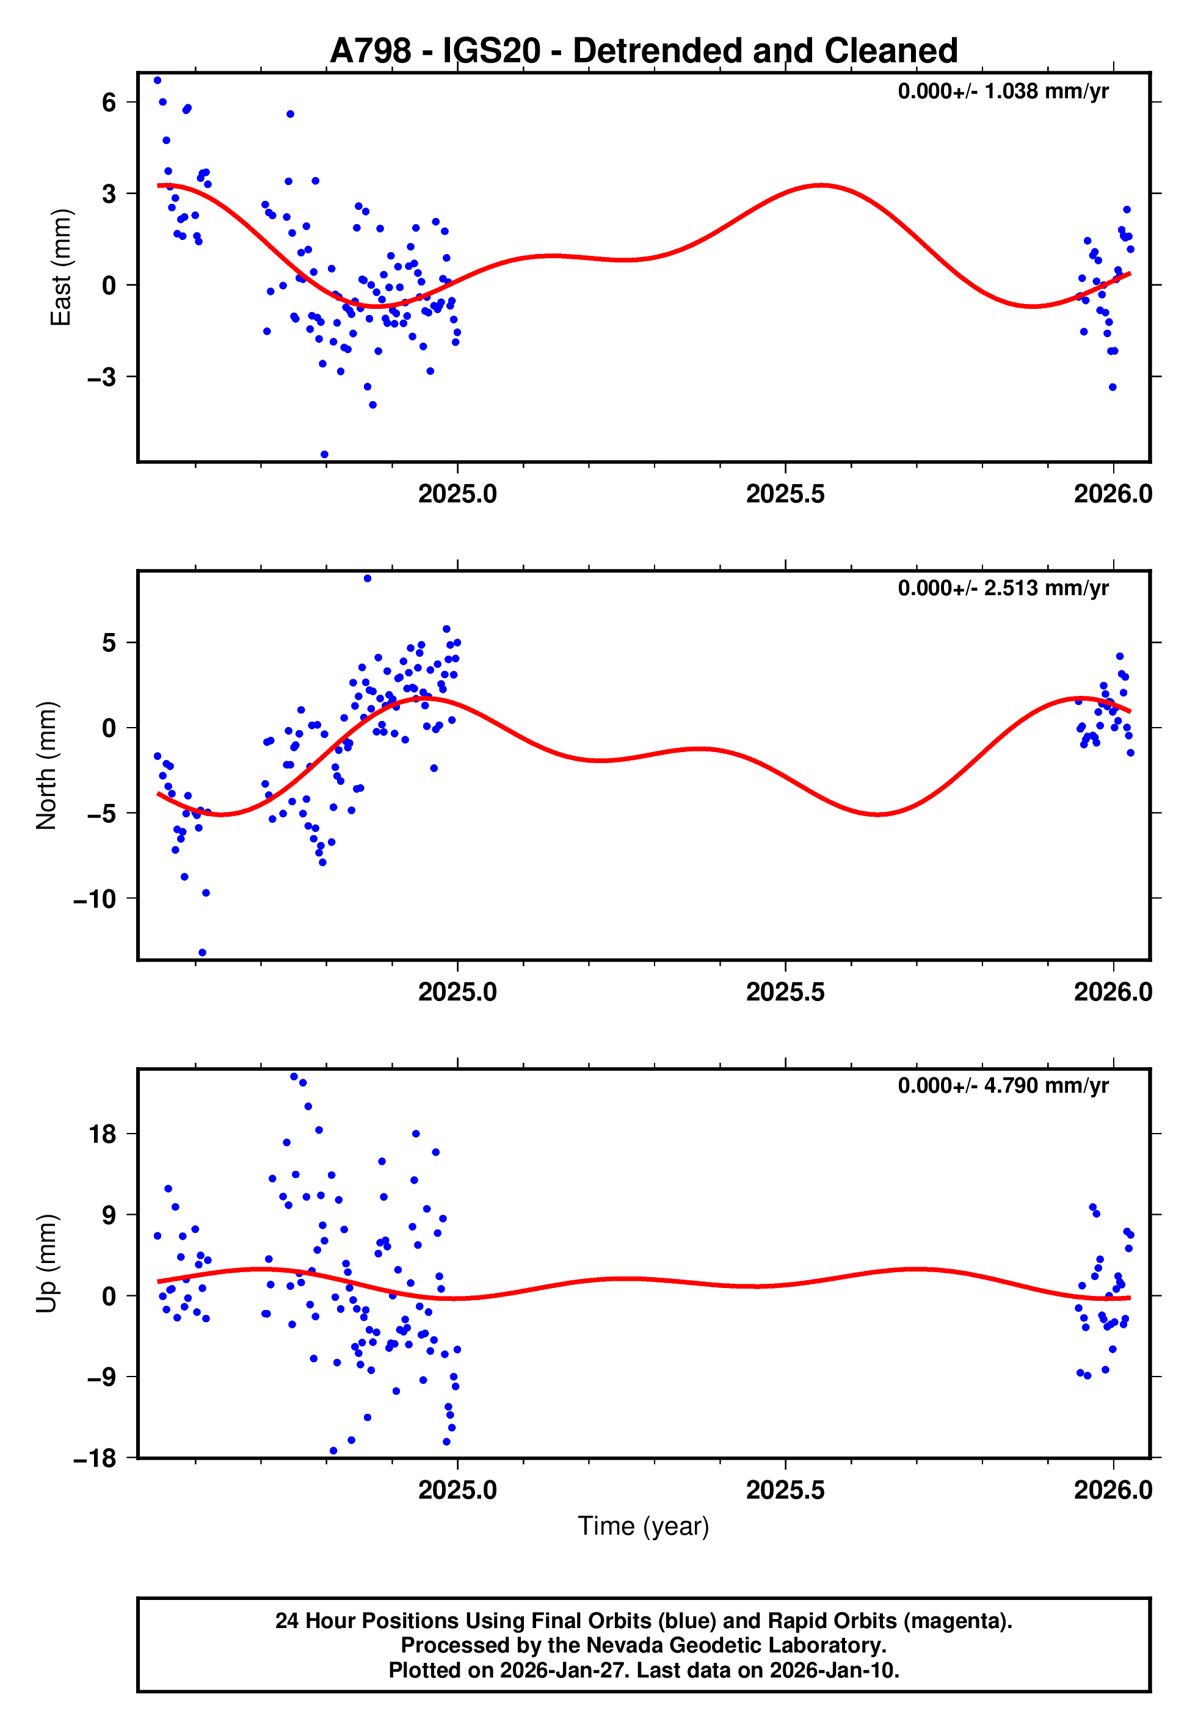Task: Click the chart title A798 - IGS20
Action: [644, 51]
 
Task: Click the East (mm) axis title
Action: [60, 267]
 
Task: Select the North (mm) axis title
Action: [46, 765]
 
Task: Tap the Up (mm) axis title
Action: [46, 1262]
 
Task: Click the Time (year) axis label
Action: [644, 1526]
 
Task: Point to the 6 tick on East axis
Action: [109, 102]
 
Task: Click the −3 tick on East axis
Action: [102, 377]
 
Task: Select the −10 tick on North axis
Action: [95, 899]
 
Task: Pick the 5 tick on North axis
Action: [109, 643]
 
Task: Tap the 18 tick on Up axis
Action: [103, 1134]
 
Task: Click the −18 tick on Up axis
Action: [95, 1458]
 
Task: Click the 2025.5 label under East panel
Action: [785, 494]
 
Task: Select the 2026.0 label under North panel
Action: [1113, 992]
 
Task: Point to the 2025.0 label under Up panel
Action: [457, 1490]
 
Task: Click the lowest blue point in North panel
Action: [202, 953]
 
